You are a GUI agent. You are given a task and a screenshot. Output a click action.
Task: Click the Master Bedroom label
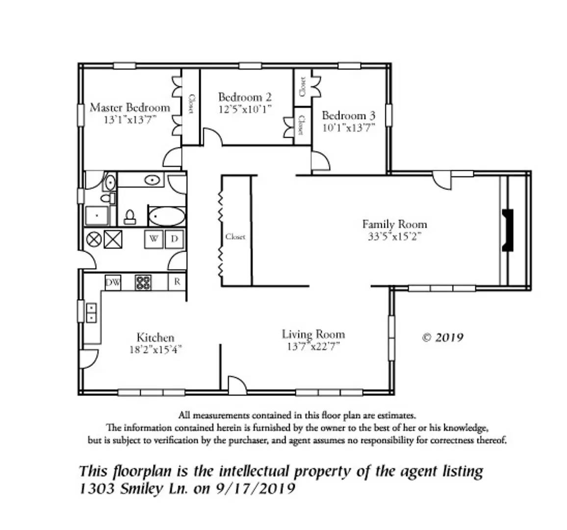pyautogui.click(x=130, y=107)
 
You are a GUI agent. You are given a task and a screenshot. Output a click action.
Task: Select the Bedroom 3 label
pyautogui.click(x=348, y=116)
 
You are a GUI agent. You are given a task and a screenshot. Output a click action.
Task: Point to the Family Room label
pyautogui.click(x=394, y=224)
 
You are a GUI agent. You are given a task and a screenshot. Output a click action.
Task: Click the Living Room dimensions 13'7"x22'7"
pyautogui.click(x=313, y=346)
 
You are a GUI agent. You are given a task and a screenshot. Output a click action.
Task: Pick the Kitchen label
pyautogui.click(x=155, y=338)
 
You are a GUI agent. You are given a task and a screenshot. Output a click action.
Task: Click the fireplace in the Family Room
pyautogui.click(x=507, y=231)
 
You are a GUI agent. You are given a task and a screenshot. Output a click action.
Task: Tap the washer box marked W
pyautogui.click(x=154, y=239)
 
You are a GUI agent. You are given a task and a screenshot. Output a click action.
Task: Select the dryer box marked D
pyautogui.click(x=175, y=239)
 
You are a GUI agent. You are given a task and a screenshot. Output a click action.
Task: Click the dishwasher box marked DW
pyautogui.click(x=113, y=283)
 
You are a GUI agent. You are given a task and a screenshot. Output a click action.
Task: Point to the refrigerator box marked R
pyautogui.click(x=177, y=282)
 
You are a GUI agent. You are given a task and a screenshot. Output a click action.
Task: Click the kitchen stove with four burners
pyautogui.click(x=143, y=283)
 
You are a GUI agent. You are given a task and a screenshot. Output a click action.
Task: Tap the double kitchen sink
pyautogui.click(x=91, y=313)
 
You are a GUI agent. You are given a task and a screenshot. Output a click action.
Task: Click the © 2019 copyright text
pyautogui.click(x=442, y=338)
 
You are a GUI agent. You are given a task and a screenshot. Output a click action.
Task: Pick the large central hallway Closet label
pyautogui.click(x=235, y=237)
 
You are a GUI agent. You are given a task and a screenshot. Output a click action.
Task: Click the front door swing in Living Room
pyautogui.click(x=236, y=384)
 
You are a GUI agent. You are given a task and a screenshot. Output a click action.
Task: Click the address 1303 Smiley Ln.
pyautogui.click(x=133, y=489)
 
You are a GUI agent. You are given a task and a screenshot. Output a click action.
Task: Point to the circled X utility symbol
pyautogui.click(x=94, y=239)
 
